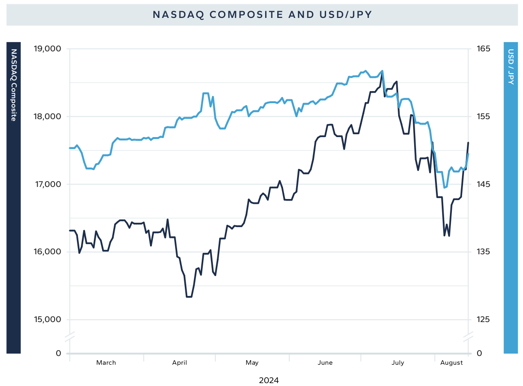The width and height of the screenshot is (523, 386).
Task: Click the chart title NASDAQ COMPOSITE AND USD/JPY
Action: click(262, 15)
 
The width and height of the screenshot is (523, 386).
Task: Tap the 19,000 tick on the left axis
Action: click(47, 49)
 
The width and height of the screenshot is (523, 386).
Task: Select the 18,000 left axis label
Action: click(47, 117)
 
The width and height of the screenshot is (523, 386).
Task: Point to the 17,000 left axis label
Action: click(47, 185)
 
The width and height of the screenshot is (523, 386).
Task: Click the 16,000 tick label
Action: click(47, 252)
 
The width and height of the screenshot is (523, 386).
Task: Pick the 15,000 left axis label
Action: click(47, 320)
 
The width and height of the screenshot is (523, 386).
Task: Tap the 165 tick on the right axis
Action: click(483, 49)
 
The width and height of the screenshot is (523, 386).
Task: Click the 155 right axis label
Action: click(483, 117)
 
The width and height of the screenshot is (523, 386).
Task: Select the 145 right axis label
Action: click(483, 185)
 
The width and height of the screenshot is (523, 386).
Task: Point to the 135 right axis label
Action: click(483, 252)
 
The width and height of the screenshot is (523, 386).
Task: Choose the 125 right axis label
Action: click(483, 320)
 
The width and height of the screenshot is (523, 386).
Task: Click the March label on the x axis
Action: click(106, 363)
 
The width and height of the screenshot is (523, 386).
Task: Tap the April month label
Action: click(179, 363)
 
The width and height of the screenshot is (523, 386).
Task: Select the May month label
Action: click(252, 363)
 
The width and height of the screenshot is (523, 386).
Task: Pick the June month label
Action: click(325, 363)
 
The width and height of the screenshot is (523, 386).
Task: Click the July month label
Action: click(398, 363)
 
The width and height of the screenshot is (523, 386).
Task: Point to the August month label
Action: click(452, 363)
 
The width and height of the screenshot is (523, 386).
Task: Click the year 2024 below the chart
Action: click(269, 380)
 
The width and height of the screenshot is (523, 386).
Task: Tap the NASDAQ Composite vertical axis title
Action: click(14, 85)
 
